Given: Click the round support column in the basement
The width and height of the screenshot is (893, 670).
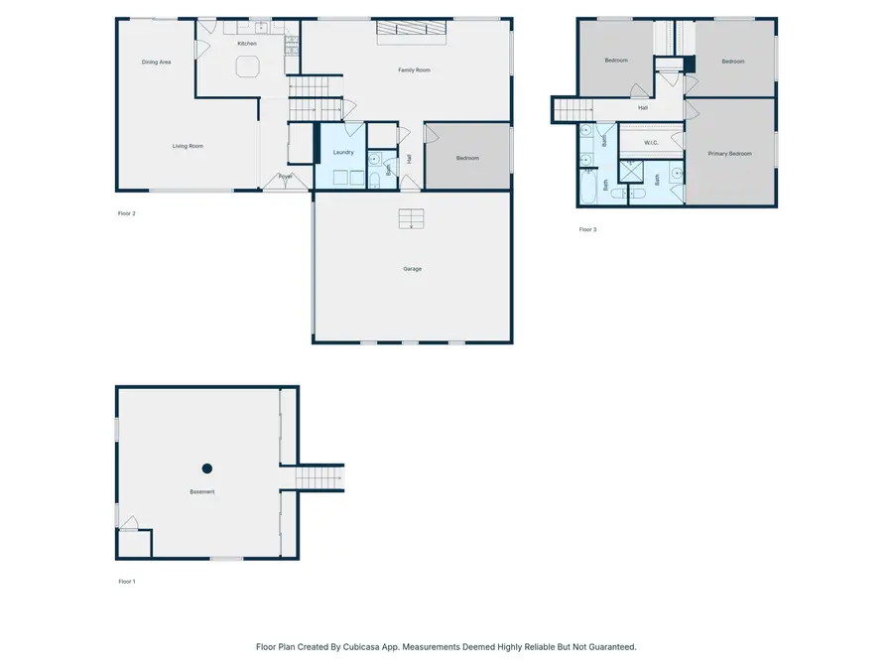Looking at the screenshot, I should click(207, 469).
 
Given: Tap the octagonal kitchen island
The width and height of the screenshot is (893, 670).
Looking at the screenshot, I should click(247, 67).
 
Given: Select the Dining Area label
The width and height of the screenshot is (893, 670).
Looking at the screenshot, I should click(157, 62).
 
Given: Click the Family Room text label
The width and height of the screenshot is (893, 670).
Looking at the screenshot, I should click(415, 70).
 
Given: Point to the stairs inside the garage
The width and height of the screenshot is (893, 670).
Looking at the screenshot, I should click(412, 218).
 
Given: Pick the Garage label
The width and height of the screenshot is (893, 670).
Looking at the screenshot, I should click(412, 269).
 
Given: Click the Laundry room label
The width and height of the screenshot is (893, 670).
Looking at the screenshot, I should click(343, 152).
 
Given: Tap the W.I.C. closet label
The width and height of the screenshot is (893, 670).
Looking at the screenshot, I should click(652, 143).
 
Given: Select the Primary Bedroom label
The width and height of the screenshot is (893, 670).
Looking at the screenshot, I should click(729, 154).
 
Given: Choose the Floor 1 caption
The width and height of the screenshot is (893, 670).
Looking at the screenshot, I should click(126, 582).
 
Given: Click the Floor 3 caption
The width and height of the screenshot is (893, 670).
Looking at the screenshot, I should click(588, 229).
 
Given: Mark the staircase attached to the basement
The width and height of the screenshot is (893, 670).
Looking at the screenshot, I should click(320, 477).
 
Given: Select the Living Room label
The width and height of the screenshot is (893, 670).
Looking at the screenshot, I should click(188, 146).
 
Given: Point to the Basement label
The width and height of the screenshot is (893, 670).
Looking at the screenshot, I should click(202, 492).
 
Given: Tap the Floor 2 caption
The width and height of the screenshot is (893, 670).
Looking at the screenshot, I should click(126, 213).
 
